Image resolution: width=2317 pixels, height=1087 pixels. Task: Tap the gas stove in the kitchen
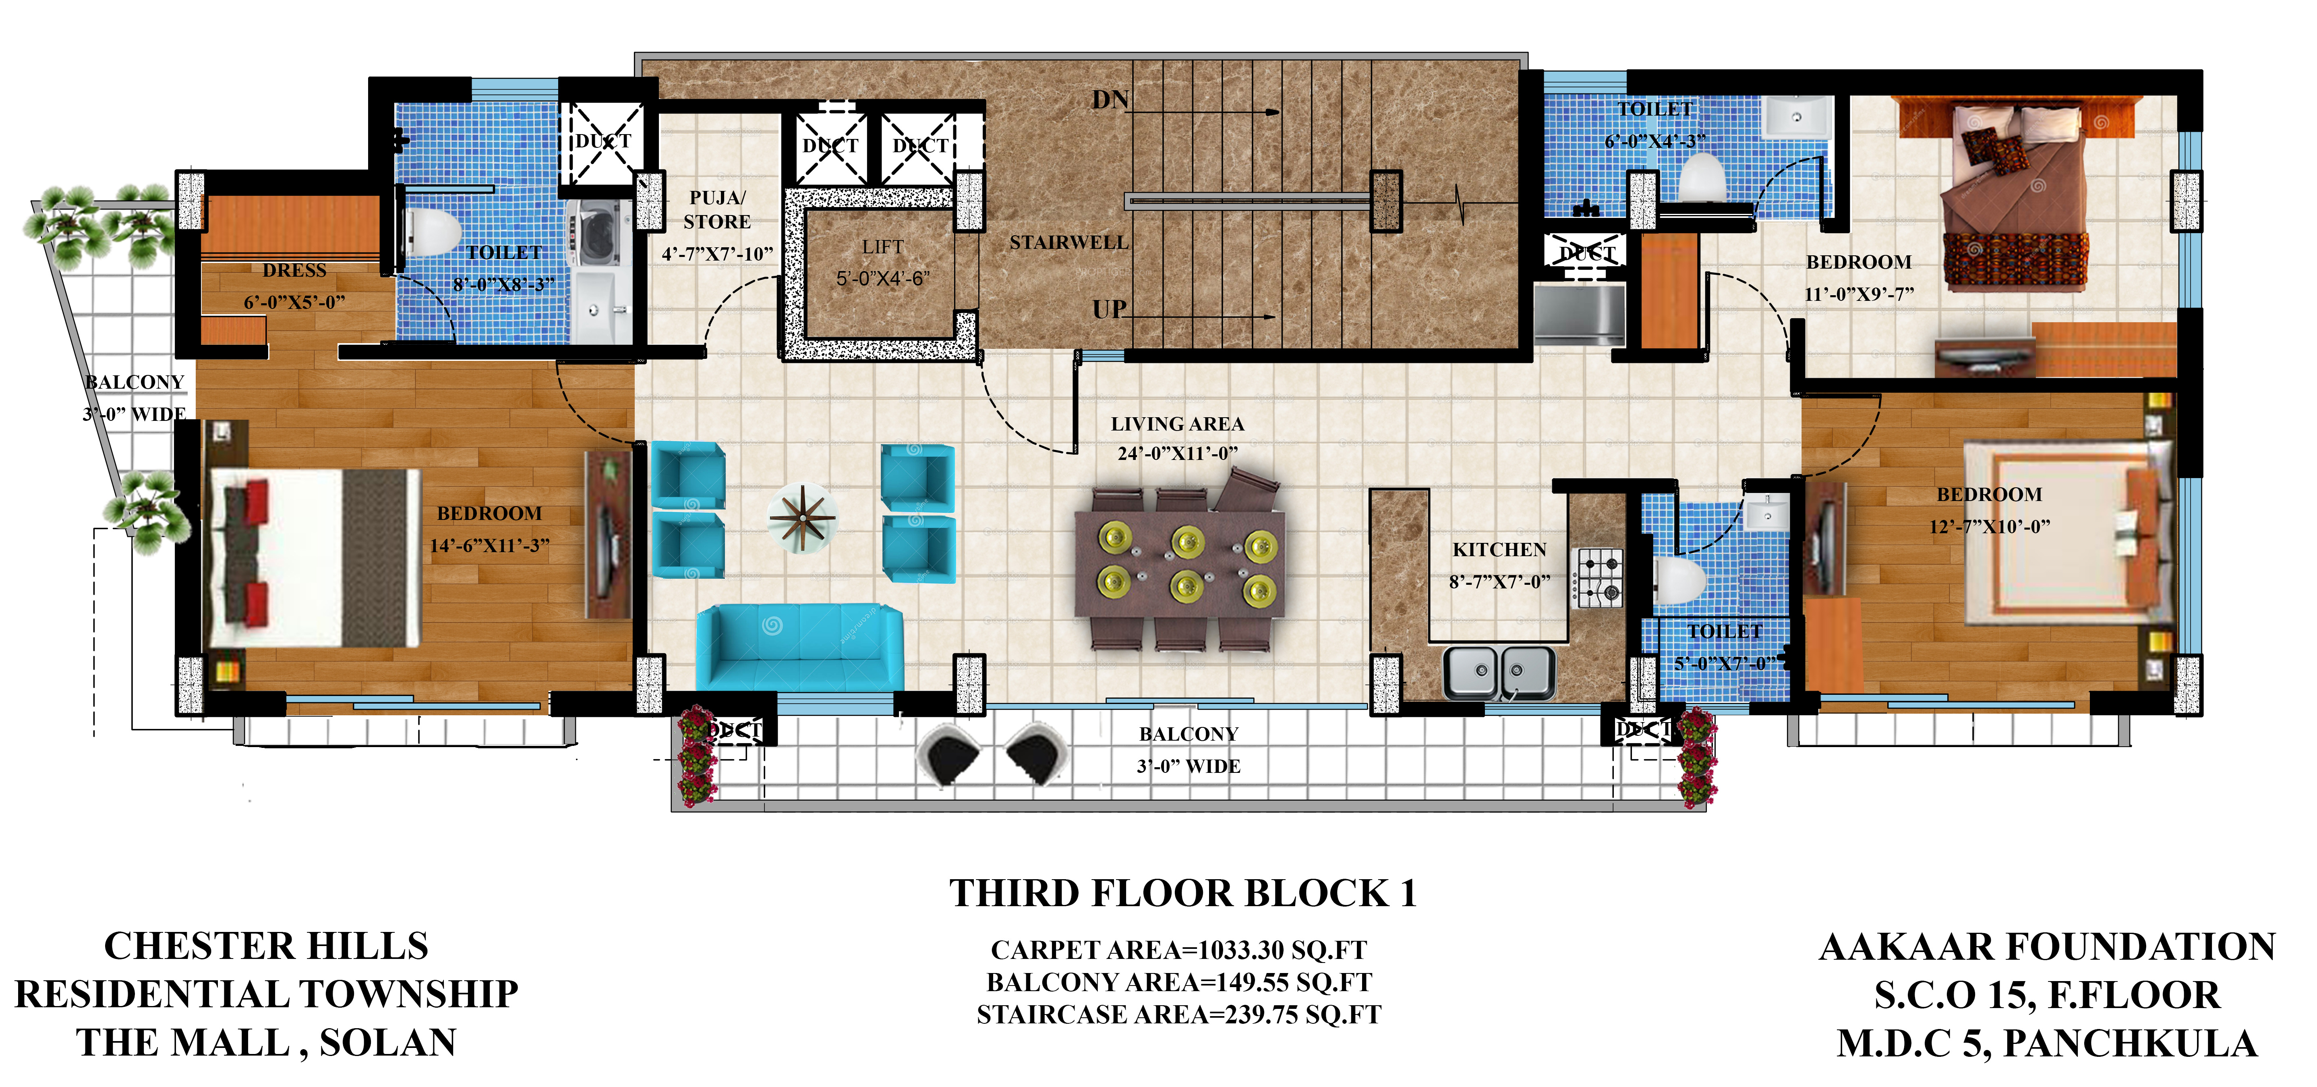1599,577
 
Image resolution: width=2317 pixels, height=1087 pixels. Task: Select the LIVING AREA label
1177,423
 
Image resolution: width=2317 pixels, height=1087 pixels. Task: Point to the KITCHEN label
1499,549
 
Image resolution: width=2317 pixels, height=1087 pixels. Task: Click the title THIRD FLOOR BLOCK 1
1183,893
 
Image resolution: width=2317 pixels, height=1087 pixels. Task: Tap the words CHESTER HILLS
266,946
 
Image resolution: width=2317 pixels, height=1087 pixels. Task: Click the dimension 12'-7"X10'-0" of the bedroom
1990,526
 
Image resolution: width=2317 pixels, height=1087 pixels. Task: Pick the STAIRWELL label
1068,243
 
